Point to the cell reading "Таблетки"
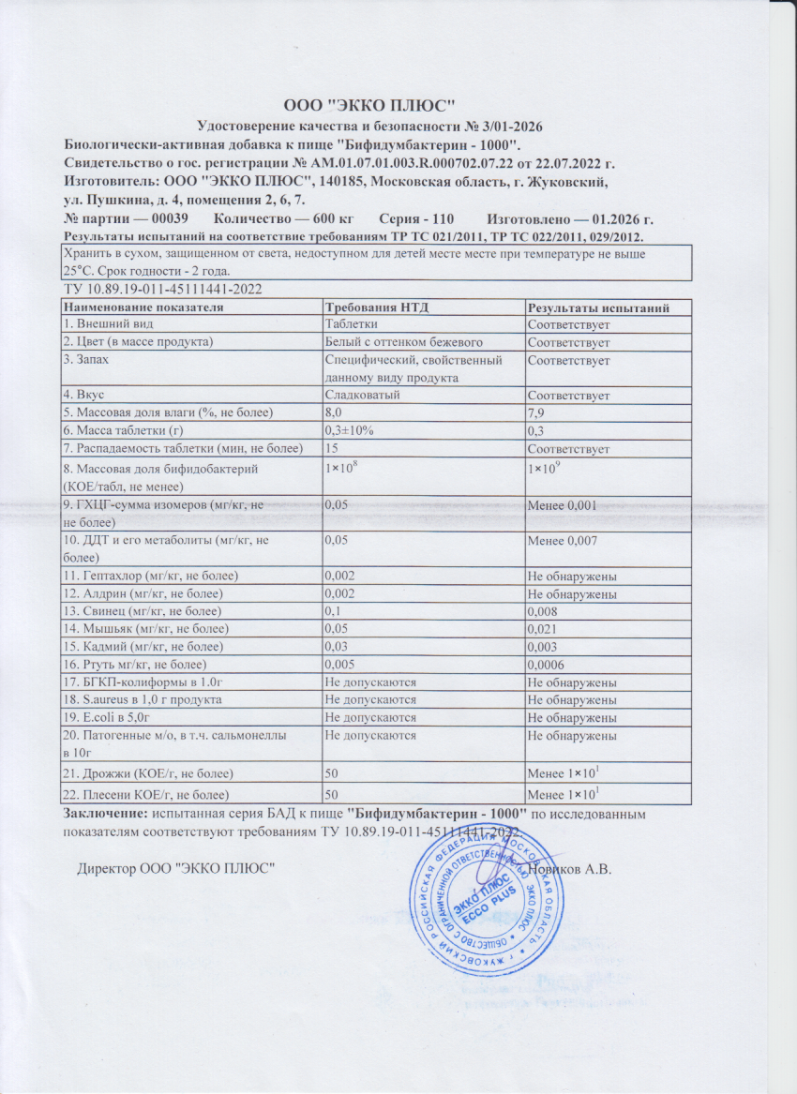[351, 324]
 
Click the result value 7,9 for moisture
[537, 412]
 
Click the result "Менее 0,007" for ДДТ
[563, 540]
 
